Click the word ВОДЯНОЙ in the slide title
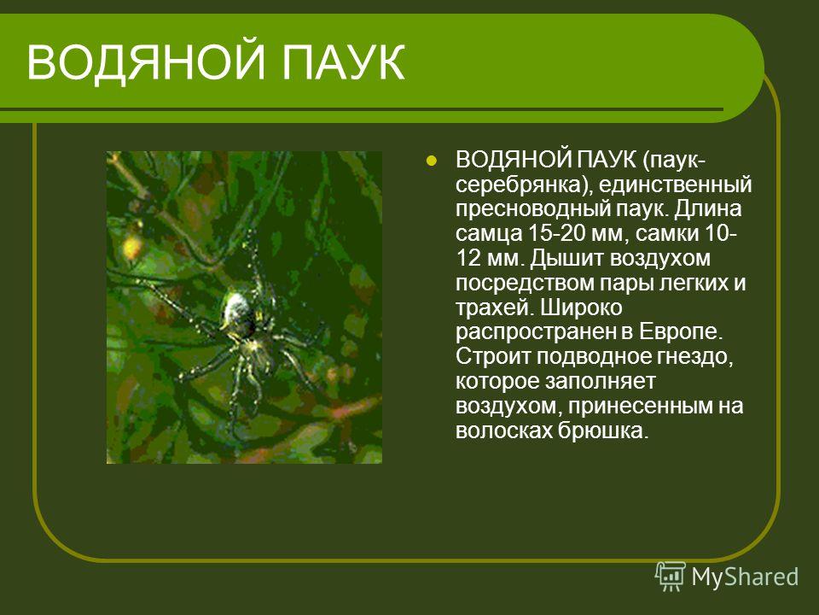click(146, 62)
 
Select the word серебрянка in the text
click(524, 185)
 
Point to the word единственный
click(676, 185)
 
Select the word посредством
click(524, 284)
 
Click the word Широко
click(581, 308)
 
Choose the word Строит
click(492, 357)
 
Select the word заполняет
click(600, 382)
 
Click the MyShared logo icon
click(671, 577)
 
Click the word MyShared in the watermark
click(745, 577)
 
